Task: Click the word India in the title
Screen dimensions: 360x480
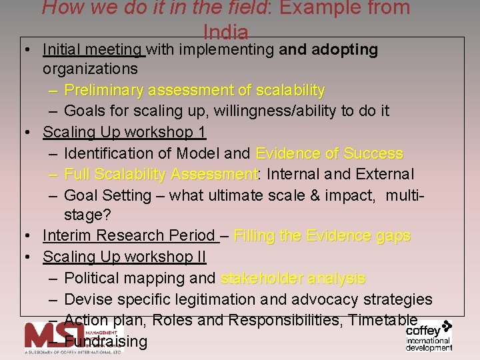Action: tap(226, 32)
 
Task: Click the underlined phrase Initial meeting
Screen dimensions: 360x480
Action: tap(93, 49)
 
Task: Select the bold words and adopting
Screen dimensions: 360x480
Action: tap(329, 49)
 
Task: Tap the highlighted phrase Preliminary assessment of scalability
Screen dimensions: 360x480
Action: tap(195, 90)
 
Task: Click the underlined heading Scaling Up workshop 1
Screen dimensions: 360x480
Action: tap(124, 132)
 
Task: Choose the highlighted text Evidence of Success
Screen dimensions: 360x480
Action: tap(329, 153)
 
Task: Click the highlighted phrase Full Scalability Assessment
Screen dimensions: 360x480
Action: tap(161, 175)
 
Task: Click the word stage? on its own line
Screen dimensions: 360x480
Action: tap(87, 215)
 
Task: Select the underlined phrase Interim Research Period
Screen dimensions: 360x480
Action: tap(129, 236)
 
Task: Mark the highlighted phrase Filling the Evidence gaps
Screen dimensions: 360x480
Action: tap(322, 236)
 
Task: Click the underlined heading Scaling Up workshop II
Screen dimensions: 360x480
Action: tap(124, 257)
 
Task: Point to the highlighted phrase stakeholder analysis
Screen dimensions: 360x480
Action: tap(293, 279)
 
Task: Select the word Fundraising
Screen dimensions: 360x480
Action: tap(110, 342)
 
